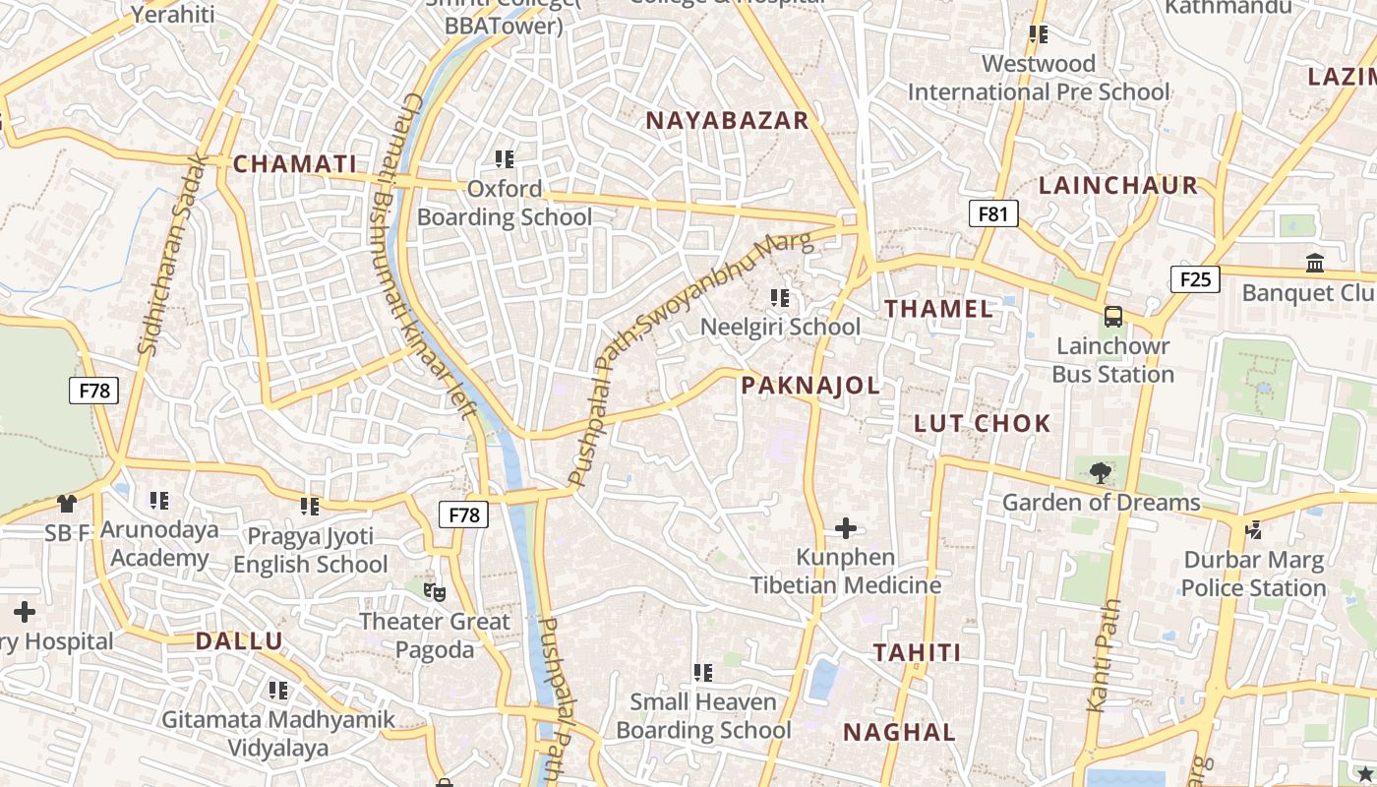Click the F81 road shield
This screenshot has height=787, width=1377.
point(993,213)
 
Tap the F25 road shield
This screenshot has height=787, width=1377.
point(1195,279)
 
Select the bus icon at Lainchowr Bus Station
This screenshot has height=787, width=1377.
point(1113,317)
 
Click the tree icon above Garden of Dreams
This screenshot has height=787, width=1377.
point(1101,473)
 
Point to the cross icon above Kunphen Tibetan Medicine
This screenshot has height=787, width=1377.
point(846,529)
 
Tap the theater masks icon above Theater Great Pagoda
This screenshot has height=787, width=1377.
point(434,591)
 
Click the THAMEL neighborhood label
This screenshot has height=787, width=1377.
point(938,309)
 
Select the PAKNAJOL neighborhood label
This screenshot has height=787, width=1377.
point(810,386)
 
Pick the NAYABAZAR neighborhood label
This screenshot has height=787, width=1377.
point(727,121)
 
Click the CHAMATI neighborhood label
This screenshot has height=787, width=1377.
point(294,164)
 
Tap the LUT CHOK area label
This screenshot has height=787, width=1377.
point(983,424)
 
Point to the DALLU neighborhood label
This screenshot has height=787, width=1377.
point(239,641)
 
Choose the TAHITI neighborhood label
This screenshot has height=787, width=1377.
point(918,653)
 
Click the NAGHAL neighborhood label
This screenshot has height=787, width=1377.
point(899,733)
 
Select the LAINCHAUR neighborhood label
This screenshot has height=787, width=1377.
point(1118,186)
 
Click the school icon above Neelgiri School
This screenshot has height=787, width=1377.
point(781,297)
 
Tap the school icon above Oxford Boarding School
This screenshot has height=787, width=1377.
point(505,158)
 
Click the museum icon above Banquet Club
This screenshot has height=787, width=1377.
point(1315,263)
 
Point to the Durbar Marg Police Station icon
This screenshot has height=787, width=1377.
point(1254,529)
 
